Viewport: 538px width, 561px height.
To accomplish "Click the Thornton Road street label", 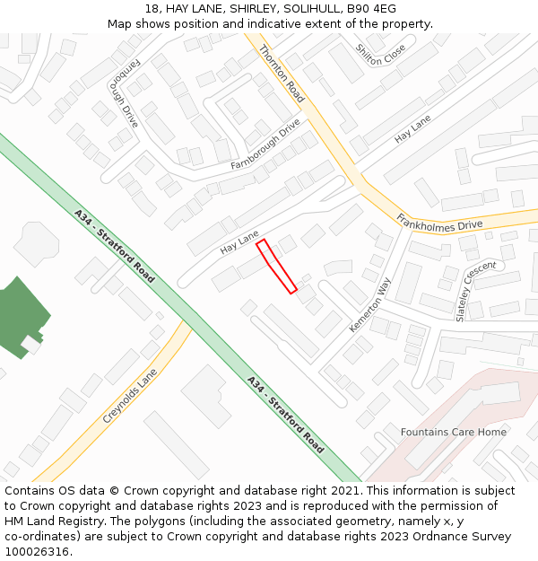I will [282, 73].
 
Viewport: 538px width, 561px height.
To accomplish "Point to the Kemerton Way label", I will [370, 305].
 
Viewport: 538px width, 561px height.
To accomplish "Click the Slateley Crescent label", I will [475, 291].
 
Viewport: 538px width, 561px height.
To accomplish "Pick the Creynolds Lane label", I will [130, 396].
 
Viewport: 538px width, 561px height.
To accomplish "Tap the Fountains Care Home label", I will [454, 432].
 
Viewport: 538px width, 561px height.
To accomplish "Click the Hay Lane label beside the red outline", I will [239, 241].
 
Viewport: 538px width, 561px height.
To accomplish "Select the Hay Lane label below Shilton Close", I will [413, 129].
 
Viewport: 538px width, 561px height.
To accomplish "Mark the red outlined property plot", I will [276, 266].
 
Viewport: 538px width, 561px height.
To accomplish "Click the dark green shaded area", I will [20, 315].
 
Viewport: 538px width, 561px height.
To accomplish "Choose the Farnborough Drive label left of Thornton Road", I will [265, 145].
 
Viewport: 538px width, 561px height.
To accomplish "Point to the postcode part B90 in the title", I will [357, 8].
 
